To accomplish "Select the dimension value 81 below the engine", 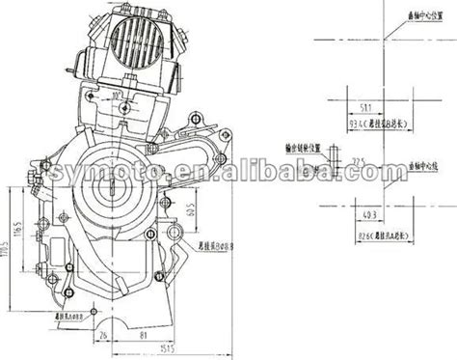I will [142, 335].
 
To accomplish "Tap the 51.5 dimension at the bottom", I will [141, 349].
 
